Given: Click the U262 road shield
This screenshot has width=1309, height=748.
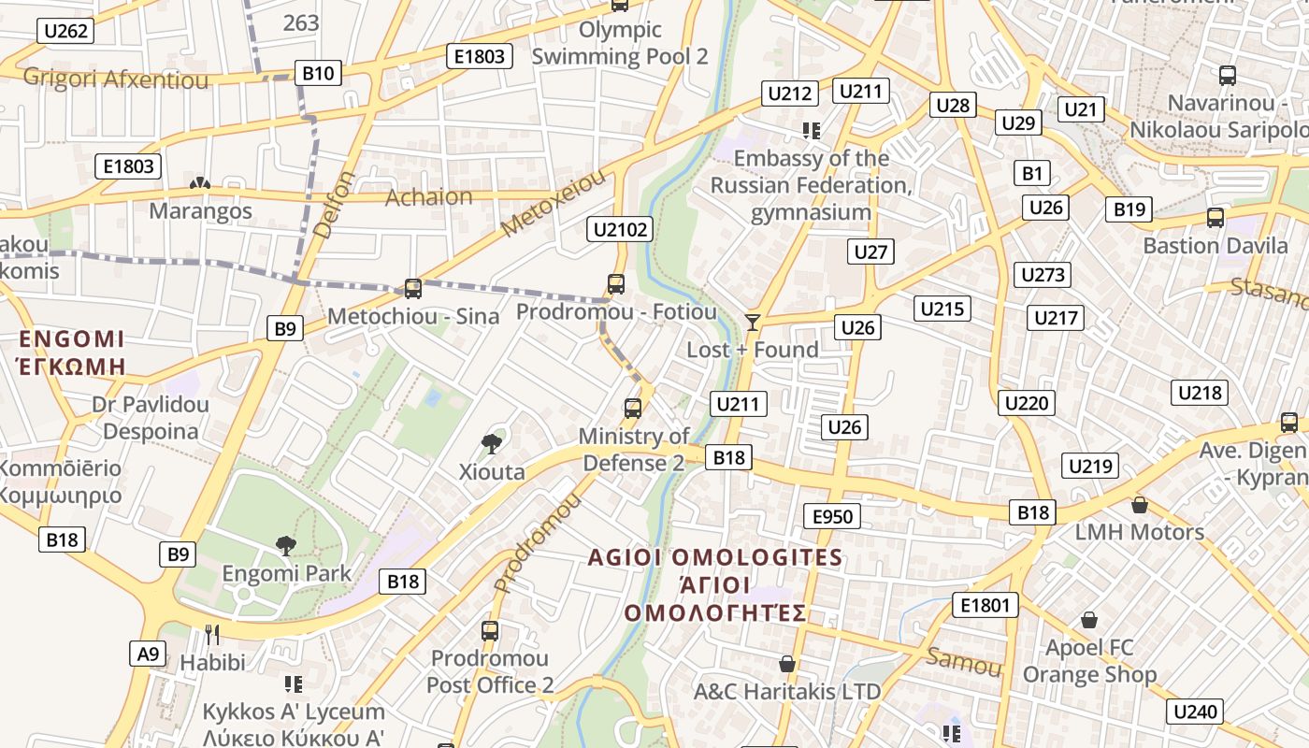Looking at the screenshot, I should click(x=65, y=31).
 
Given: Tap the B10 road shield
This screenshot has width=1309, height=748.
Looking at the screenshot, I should click(x=318, y=73).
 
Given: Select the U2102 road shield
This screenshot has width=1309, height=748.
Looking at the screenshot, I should click(x=620, y=228).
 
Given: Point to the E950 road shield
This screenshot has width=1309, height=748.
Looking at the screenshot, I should click(x=832, y=516).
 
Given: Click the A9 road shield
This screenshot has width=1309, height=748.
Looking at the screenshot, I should click(x=148, y=653).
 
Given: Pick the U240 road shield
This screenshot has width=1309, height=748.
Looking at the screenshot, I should click(x=1196, y=712).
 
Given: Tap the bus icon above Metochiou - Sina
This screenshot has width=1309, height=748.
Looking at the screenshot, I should click(x=412, y=289).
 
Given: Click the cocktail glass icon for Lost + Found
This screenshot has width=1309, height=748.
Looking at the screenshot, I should click(x=752, y=323).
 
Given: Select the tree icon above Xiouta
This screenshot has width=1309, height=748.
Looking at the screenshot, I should click(x=491, y=443).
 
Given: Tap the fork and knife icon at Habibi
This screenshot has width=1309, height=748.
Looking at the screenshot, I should click(x=212, y=635).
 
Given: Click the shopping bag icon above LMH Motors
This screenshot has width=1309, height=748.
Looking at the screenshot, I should click(x=1139, y=505).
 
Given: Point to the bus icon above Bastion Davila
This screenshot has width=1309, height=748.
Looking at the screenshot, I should click(x=1215, y=218).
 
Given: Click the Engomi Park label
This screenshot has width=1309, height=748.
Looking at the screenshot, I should click(x=286, y=573).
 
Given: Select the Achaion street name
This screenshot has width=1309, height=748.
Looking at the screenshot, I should click(x=429, y=196).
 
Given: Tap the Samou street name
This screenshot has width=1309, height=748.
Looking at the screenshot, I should click(x=963, y=661).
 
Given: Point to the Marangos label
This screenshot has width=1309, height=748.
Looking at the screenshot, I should click(x=200, y=210).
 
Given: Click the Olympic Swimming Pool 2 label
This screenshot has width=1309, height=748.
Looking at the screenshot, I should click(x=620, y=43).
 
